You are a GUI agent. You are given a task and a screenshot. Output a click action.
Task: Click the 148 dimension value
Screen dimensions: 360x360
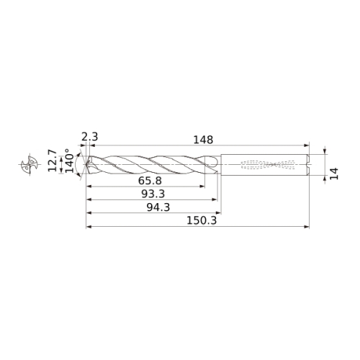(x=203, y=140)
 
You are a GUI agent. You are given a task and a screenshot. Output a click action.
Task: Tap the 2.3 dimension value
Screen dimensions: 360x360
(x=90, y=137)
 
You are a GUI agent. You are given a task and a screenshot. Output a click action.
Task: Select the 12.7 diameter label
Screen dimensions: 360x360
(x=52, y=161)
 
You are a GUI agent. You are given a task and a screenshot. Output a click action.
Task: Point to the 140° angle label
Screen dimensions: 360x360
(x=69, y=161)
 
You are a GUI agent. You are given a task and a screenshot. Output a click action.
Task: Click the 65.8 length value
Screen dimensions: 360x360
(x=150, y=181)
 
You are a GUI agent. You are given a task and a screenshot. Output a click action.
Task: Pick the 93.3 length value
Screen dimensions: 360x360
(x=153, y=194)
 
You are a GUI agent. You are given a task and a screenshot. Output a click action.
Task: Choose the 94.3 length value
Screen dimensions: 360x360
(x=158, y=207)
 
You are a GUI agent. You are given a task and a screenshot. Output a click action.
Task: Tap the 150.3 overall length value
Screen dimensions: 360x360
(x=202, y=220)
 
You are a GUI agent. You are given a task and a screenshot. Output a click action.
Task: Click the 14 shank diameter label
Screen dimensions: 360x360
(x=334, y=174)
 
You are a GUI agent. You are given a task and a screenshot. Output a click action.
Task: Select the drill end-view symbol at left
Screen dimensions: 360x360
(x=30, y=164)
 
